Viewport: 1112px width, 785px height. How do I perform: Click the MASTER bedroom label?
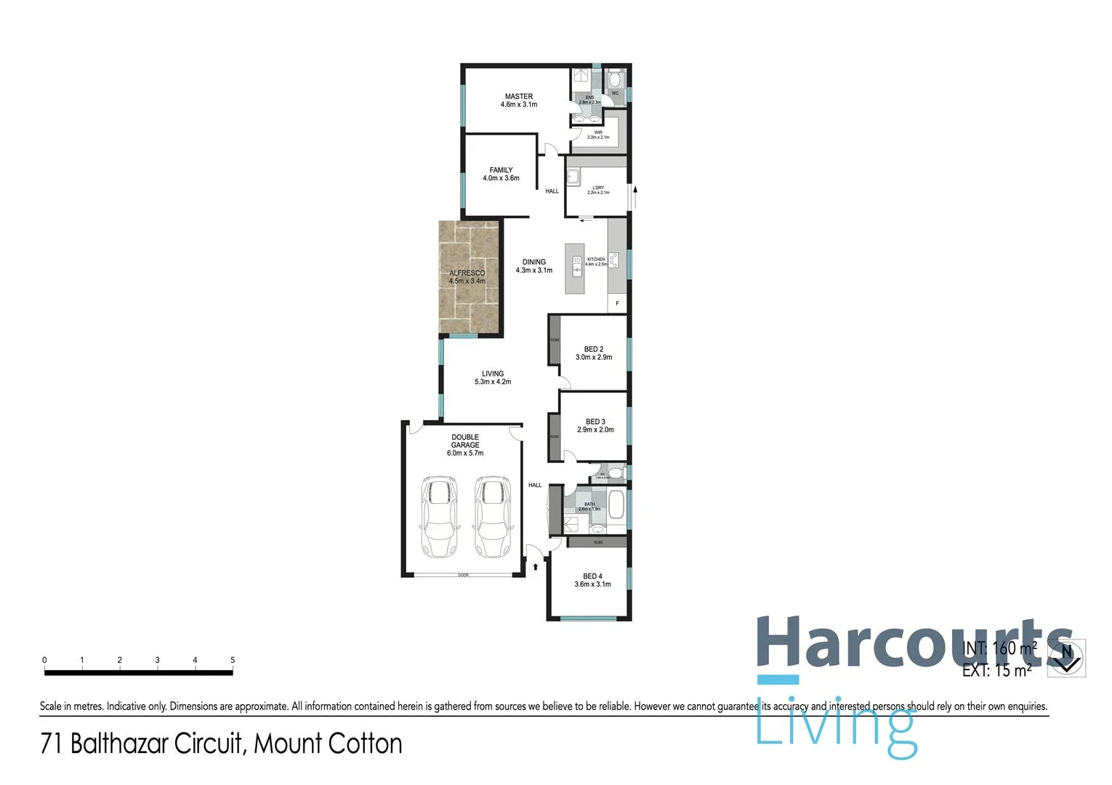pos(519,97)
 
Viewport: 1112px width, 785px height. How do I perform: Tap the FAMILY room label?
pos(501,170)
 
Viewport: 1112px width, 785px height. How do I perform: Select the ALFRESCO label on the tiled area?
pos(467,273)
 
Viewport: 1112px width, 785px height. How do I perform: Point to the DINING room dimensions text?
pos(534,270)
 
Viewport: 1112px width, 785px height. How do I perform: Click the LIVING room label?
pos(493,374)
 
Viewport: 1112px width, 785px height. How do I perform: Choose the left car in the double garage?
pos(439,517)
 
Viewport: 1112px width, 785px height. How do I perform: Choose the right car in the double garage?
pos(493,517)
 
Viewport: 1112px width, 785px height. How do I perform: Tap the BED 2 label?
pos(594,349)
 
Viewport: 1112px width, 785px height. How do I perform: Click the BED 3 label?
pos(595,422)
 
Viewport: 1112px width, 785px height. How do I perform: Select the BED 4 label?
pos(592,576)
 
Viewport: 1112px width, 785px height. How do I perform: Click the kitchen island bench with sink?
pos(575,269)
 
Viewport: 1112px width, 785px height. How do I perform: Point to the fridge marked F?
pos(617,303)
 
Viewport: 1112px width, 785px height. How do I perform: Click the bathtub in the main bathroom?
pos(616,505)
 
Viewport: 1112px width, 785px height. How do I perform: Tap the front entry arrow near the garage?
pos(536,566)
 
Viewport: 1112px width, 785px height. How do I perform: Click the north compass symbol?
pos(1066,658)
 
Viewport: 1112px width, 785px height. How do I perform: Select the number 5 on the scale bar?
pos(233,660)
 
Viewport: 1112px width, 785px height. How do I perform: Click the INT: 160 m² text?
pos(999,648)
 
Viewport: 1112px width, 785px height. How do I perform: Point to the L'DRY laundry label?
pos(598,188)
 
